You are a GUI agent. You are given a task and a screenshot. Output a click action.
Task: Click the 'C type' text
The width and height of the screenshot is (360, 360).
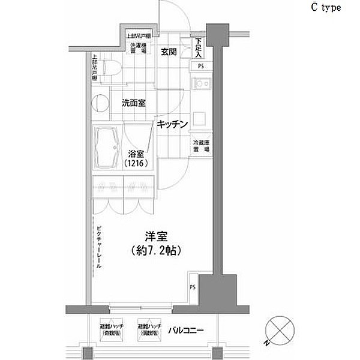326,8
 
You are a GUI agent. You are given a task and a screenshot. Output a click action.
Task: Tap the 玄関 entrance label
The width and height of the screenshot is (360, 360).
168,52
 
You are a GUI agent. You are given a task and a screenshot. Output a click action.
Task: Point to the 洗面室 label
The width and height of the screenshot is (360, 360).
134,103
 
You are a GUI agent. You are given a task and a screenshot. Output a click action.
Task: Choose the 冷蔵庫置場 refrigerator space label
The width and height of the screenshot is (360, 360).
200,148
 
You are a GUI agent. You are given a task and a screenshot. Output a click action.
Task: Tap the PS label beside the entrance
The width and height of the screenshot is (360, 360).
199,67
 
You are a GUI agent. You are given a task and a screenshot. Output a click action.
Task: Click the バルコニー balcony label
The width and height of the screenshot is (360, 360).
185,331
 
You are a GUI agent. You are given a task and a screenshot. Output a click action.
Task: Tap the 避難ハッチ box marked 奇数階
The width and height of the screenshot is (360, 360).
113,329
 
